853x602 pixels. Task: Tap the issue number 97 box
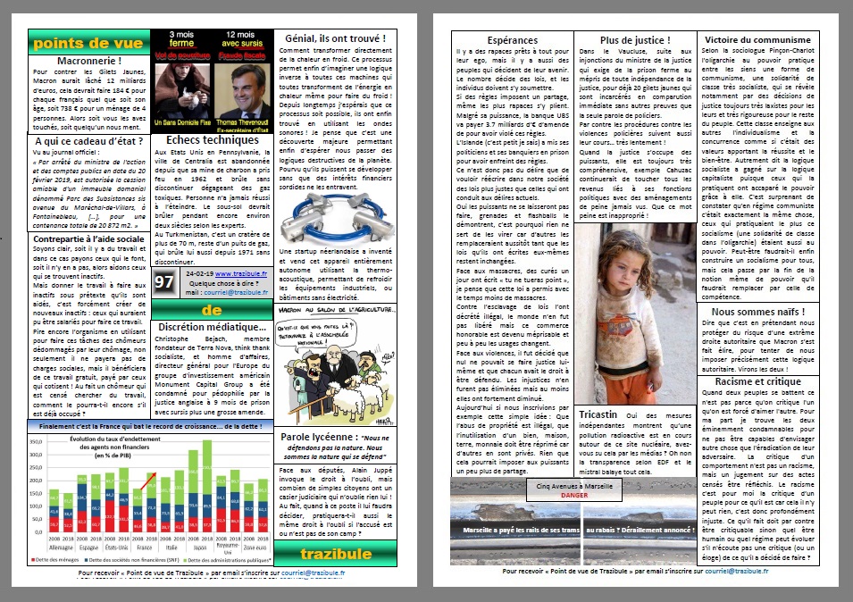[163, 281]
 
